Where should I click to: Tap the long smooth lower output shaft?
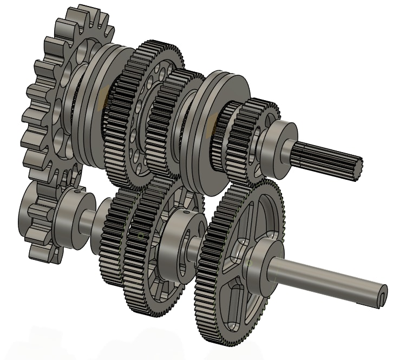click(325, 276)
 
